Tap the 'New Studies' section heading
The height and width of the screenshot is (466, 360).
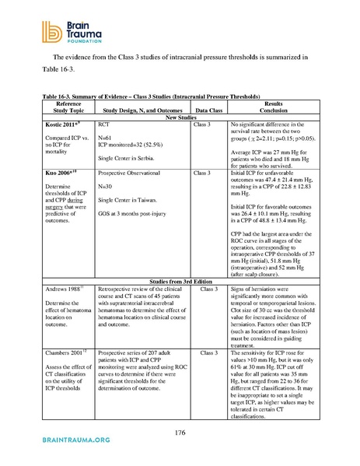point(180,117)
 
